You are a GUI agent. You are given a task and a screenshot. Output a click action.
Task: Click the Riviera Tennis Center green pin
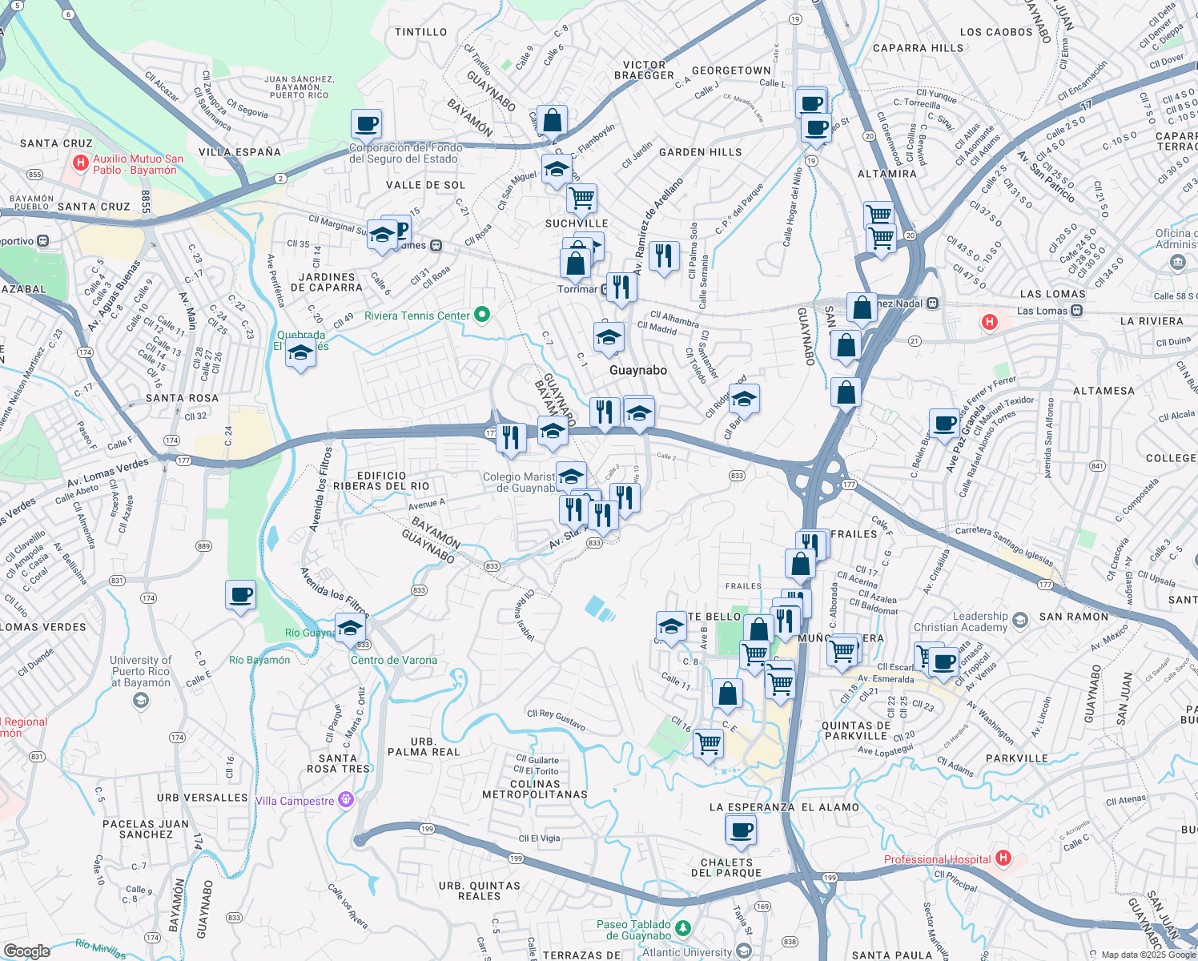click(x=482, y=315)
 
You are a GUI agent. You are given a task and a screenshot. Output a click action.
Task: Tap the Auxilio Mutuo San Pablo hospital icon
click(x=80, y=163)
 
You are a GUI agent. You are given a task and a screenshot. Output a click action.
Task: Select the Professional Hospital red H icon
click(x=1003, y=858)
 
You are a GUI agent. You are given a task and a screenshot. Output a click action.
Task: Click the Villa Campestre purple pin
click(x=346, y=799)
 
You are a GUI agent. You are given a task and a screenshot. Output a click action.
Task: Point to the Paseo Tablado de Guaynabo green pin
click(x=682, y=929)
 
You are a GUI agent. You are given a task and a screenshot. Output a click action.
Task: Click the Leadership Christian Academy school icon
click(x=1019, y=620)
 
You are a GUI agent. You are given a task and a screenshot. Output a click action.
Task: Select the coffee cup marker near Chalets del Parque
click(x=741, y=830)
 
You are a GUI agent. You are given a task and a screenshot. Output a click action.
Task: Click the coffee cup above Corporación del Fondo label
click(x=366, y=125)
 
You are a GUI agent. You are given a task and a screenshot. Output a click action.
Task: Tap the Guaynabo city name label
click(x=637, y=370)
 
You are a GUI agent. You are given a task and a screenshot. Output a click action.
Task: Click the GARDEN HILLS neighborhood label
click(x=700, y=152)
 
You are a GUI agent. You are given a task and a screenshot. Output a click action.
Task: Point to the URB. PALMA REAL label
click(x=424, y=746)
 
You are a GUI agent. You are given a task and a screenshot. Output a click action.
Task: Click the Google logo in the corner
click(x=26, y=951)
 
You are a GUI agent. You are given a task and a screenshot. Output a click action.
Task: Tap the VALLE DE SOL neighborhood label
click(x=425, y=185)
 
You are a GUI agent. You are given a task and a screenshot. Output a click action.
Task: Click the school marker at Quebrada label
click(x=300, y=352)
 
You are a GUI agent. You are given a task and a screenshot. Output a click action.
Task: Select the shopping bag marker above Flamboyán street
click(x=553, y=121)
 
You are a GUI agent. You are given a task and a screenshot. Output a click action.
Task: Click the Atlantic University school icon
click(x=743, y=951)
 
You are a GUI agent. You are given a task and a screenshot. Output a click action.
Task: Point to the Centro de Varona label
click(x=394, y=660)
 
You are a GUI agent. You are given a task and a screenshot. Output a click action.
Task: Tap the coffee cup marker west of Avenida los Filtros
click(x=240, y=596)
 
